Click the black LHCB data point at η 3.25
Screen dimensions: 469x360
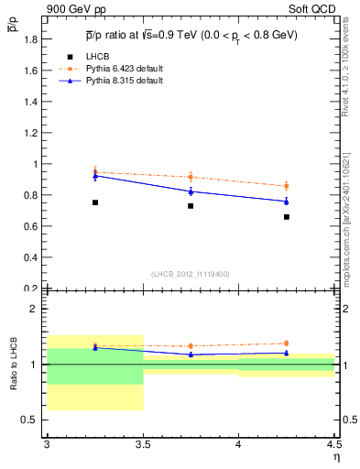tap(94, 202)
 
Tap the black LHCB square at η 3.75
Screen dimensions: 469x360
tap(191, 206)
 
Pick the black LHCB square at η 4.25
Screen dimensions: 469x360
tap(287, 217)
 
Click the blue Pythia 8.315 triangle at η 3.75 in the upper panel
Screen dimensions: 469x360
tap(191, 191)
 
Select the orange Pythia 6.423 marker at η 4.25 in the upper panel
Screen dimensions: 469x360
tap(287, 186)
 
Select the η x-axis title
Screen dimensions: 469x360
tap(334, 457)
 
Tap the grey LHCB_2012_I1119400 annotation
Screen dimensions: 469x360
tap(191, 274)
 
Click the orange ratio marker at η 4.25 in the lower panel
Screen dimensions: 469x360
tap(287, 344)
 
